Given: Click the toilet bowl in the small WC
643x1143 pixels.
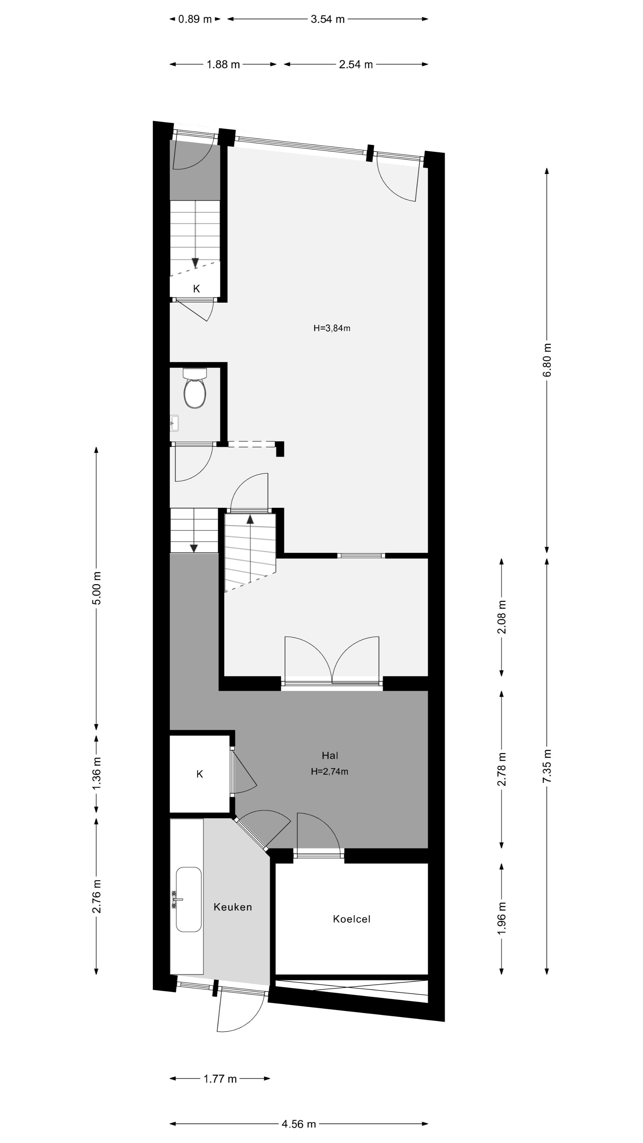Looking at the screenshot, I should click(195, 392).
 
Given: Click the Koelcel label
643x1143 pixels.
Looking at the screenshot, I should click(352, 919).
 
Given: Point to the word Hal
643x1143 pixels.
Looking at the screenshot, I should click(330, 755).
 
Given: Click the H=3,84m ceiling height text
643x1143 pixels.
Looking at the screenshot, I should click(332, 328).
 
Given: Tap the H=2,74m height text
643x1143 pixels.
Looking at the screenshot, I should click(329, 772).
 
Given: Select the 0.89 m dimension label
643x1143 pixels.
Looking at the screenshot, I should click(195, 19).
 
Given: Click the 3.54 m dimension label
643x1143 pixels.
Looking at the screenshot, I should click(327, 19).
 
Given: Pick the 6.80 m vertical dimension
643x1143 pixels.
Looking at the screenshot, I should click(547, 360).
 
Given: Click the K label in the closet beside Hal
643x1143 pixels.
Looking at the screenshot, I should click(200, 774).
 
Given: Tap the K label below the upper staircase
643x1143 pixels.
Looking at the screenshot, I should click(196, 289).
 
